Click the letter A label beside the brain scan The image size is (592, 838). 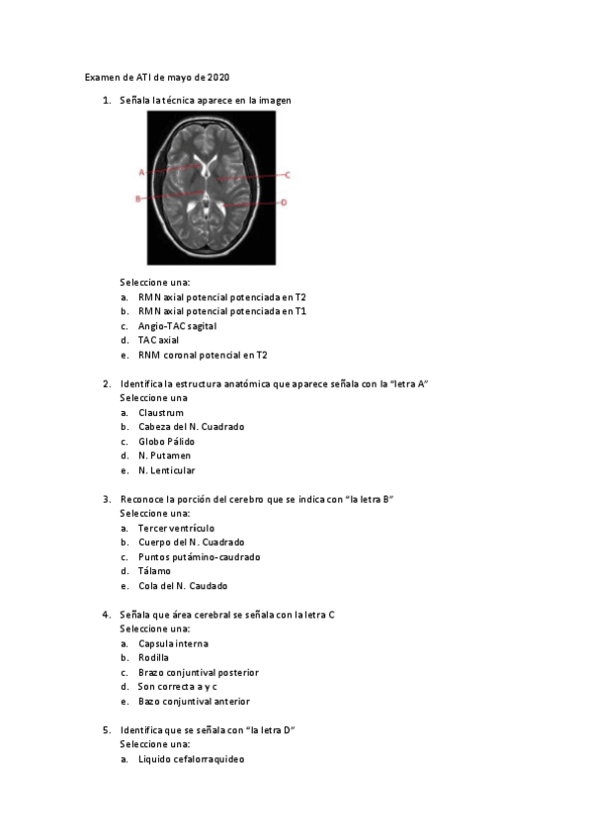pyautogui.click(x=141, y=172)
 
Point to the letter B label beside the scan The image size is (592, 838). pyautogui.click(x=138, y=199)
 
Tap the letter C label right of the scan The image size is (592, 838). pyautogui.click(x=288, y=175)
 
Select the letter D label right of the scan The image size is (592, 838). pyautogui.click(x=284, y=203)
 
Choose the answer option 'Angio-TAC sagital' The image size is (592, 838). pyautogui.click(x=177, y=325)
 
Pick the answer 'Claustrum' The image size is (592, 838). pyautogui.click(x=161, y=412)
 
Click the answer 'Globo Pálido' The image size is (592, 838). pyautogui.click(x=166, y=441)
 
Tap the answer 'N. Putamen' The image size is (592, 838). pyautogui.click(x=164, y=456)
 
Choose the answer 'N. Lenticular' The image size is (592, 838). pyautogui.click(x=166, y=470)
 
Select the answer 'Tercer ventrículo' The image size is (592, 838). pyautogui.click(x=176, y=528)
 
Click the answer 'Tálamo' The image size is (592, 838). pyautogui.click(x=154, y=571)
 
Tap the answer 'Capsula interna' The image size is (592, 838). pyautogui.click(x=173, y=643)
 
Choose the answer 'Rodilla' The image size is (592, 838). pyautogui.click(x=153, y=657)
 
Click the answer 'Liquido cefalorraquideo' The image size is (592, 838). pyautogui.click(x=191, y=759)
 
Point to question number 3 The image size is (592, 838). pyautogui.click(x=106, y=499)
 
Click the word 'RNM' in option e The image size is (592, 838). pyautogui.click(x=149, y=355)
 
